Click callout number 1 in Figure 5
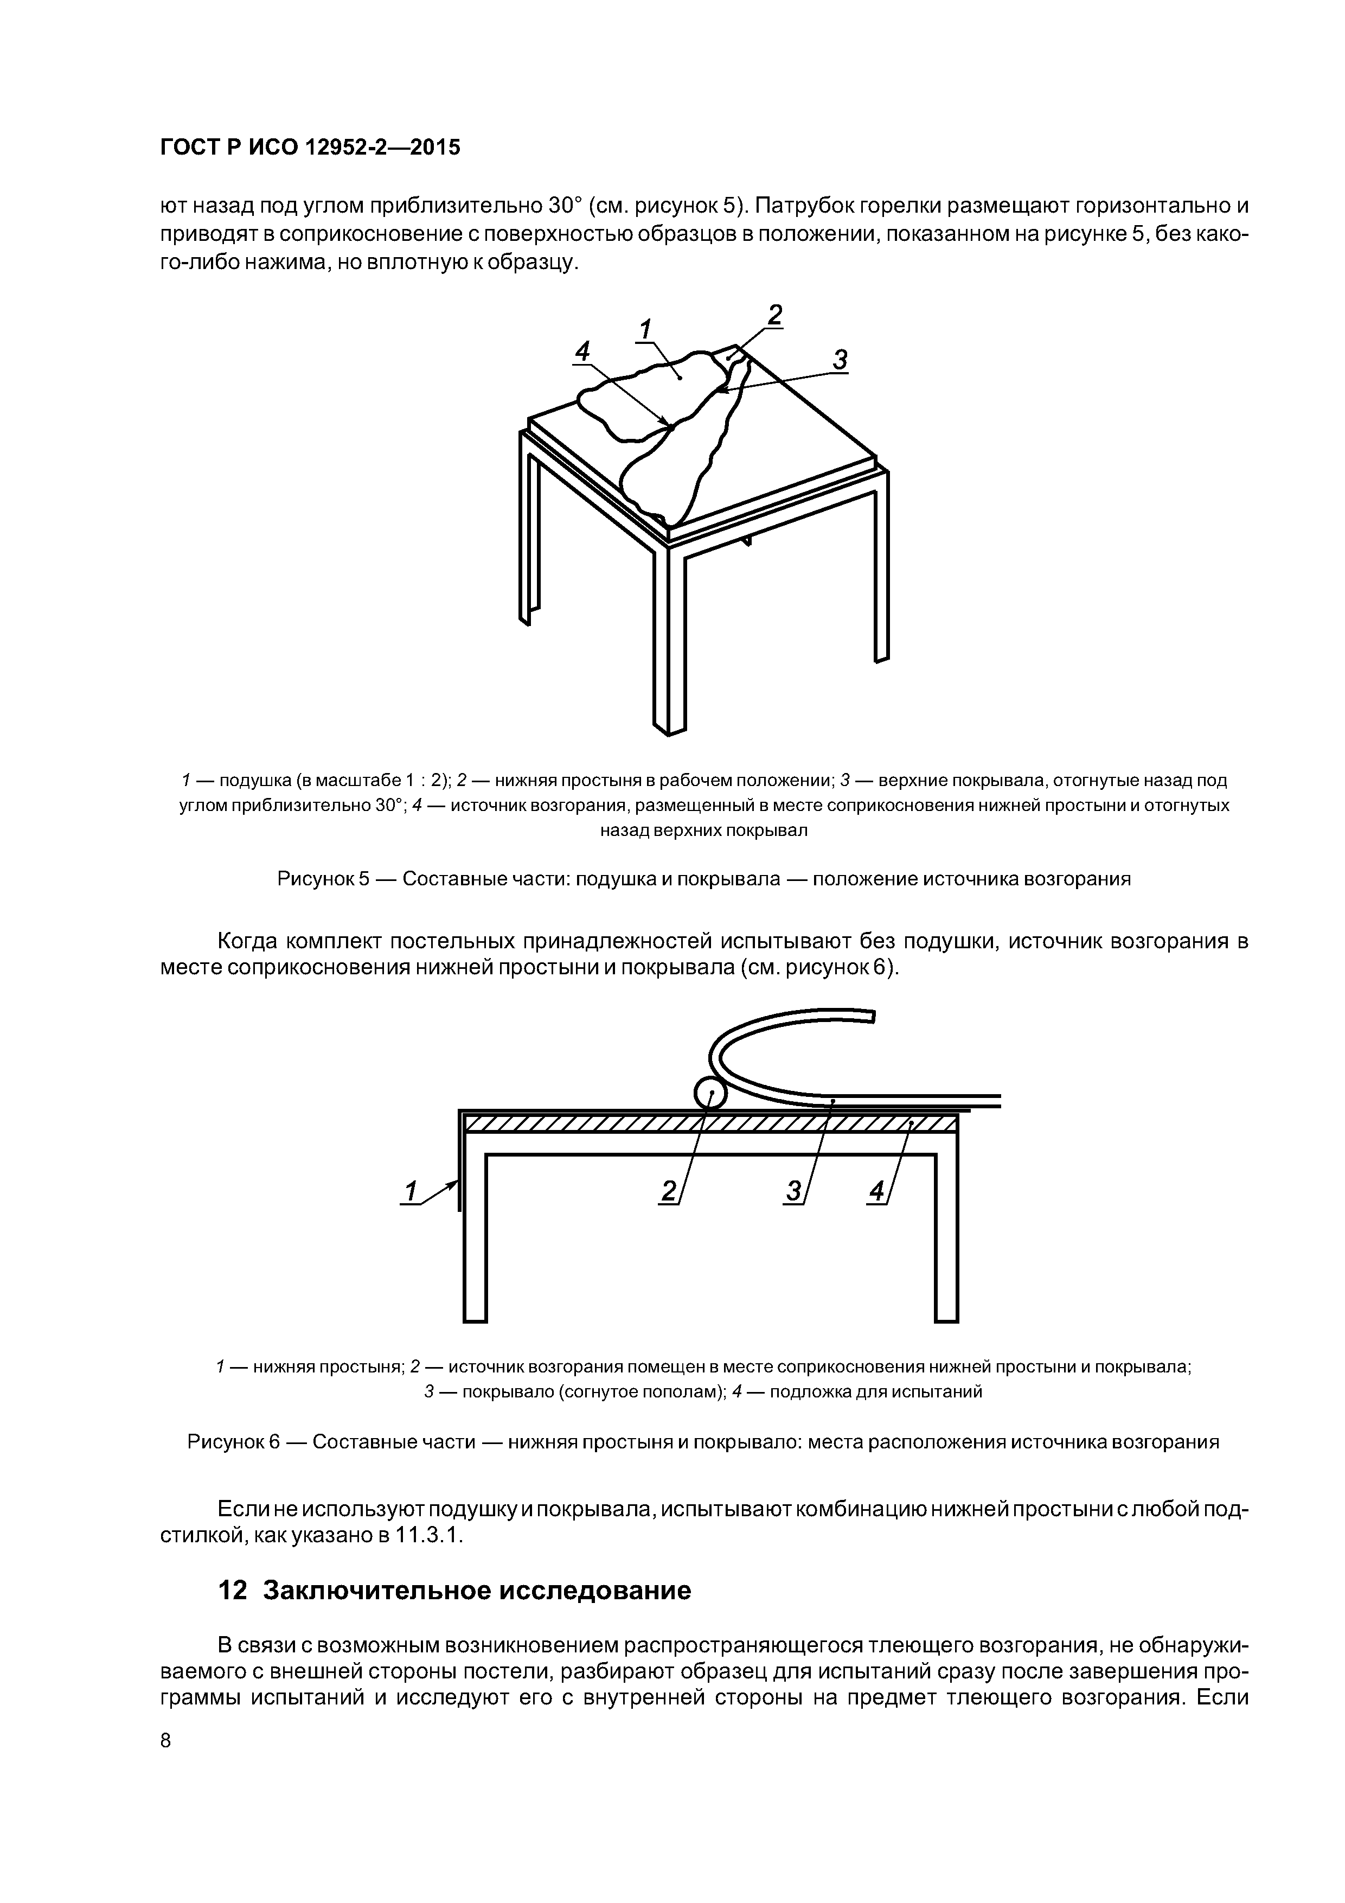645,329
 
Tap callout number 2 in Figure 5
774,316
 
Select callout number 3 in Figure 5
840,360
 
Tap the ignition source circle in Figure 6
708,1095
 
